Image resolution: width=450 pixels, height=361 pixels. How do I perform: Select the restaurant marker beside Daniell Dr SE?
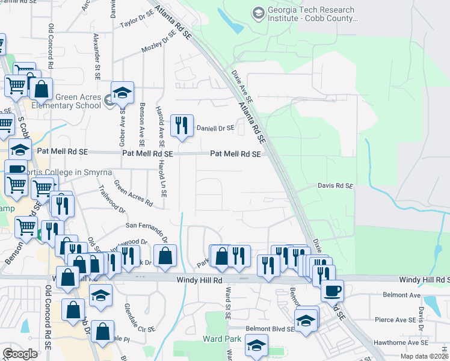tap(182, 126)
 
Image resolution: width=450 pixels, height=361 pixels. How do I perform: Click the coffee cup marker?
tap(331, 291)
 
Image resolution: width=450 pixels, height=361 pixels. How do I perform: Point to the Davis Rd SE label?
tap(335, 187)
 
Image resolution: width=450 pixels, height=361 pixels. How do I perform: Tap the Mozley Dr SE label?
tap(159, 43)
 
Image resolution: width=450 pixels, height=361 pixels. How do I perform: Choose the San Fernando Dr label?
tap(146, 227)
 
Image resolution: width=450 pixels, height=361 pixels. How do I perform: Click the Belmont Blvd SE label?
tap(270, 329)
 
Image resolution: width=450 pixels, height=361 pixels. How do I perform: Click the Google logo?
tap(20, 354)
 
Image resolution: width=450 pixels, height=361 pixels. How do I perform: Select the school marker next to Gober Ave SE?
tap(122, 93)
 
